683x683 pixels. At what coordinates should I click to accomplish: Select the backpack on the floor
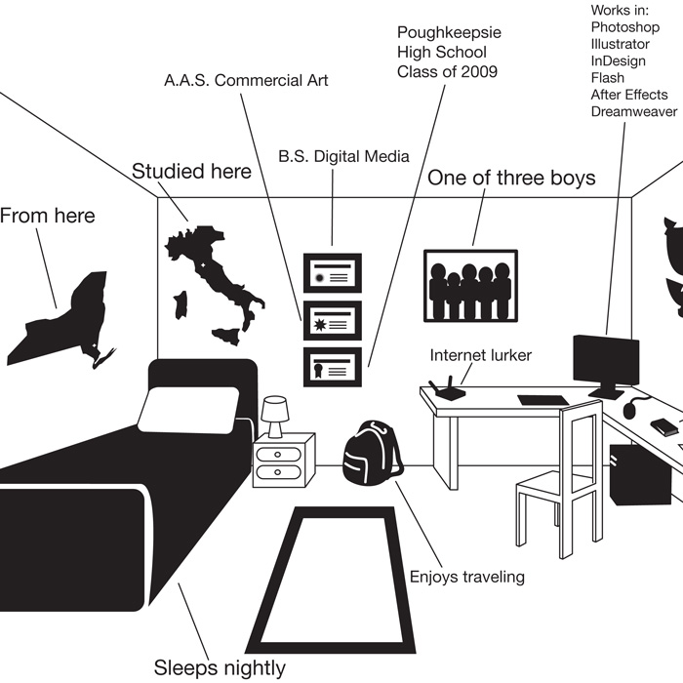pos(372,453)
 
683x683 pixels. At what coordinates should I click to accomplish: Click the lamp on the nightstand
pos(274,416)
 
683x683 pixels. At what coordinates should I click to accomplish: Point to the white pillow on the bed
pos(188,410)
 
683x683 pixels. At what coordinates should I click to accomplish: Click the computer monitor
pos(606,364)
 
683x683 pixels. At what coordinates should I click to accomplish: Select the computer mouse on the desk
pos(630,410)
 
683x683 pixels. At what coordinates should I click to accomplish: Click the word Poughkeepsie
pos(449,32)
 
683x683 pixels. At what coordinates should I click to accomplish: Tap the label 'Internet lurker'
pos(481,355)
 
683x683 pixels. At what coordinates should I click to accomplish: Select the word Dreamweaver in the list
pos(634,111)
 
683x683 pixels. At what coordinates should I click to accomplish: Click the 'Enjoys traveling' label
pos(467,578)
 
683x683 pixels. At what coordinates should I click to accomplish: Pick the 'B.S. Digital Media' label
pos(343,156)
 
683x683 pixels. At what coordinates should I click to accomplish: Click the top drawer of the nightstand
pos(278,455)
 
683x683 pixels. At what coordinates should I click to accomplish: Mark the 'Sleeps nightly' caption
pos(220,667)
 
